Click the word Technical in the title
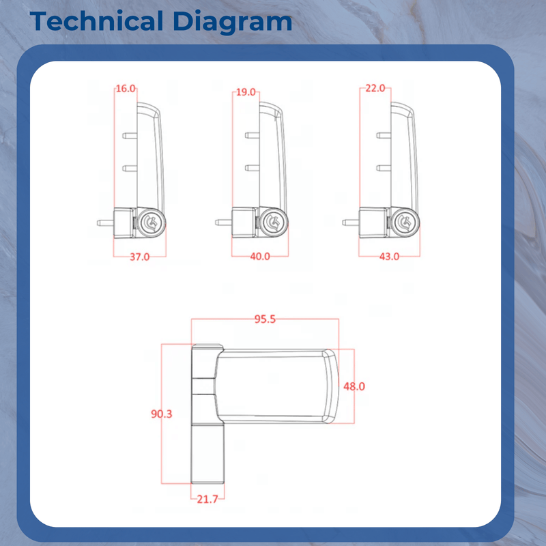tap(96, 21)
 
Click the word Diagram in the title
tap(231, 21)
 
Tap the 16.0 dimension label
tap(126, 89)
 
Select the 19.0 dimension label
tap(245, 91)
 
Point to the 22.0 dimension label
tap(375, 88)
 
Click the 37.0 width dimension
tap(139, 257)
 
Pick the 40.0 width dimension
tap(260, 257)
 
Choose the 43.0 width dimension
tap(389, 257)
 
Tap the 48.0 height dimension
tap(354, 386)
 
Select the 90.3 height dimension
tap(162, 414)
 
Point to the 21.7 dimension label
tap(207, 500)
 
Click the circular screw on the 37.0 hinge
tap(152, 221)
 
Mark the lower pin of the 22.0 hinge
tap(383, 167)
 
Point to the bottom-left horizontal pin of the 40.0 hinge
tap(223, 222)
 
